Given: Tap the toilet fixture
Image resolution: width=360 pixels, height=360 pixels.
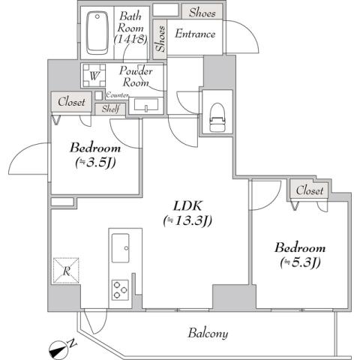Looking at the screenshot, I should point(217,115).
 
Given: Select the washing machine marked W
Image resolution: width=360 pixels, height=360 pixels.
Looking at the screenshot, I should point(94,76).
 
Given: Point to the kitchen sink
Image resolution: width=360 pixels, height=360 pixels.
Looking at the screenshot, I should point(120,246).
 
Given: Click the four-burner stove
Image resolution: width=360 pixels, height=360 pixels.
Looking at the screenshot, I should point(120,289).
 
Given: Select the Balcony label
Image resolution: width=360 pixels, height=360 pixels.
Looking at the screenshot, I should point(208,333).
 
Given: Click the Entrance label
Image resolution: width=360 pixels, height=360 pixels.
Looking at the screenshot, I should point(195,34).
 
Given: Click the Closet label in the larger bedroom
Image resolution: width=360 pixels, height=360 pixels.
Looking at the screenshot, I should point(309,190).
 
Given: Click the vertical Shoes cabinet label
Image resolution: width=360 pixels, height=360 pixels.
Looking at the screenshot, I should point(160,37).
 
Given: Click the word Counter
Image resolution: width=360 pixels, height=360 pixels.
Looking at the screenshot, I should point(117,95).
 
